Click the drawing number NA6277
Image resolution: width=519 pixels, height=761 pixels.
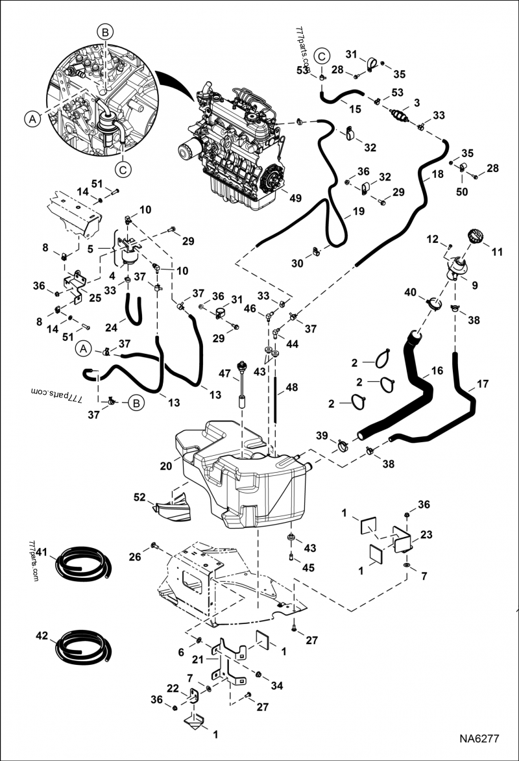point(481,739)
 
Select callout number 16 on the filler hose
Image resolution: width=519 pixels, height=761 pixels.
point(437,371)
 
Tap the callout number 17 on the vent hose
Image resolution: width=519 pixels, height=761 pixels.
point(483,384)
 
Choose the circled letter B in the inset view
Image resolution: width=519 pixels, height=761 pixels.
point(104,31)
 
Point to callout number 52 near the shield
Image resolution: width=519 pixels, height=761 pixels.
point(139,497)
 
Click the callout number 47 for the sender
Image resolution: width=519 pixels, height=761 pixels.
point(225,375)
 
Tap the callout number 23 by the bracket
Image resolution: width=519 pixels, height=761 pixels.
point(426,535)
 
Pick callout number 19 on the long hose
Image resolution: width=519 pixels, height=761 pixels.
point(358,211)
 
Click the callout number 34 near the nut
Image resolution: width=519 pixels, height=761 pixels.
point(277,685)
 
